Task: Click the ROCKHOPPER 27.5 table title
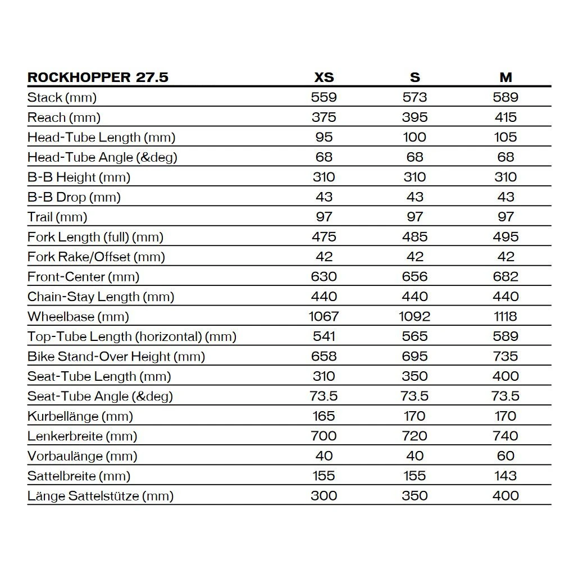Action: (x=98, y=78)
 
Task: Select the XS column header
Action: (x=324, y=78)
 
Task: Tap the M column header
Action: (x=505, y=78)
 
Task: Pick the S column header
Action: (x=415, y=78)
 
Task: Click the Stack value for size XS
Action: (x=324, y=97)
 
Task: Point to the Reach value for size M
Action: (x=505, y=117)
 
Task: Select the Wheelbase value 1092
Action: (x=415, y=316)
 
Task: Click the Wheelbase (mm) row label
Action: (x=78, y=316)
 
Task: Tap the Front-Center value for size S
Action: (x=415, y=276)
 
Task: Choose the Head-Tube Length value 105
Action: (x=505, y=137)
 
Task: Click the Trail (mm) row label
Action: (x=57, y=217)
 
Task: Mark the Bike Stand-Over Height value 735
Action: (x=505, y=356)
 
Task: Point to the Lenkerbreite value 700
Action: (x=324, y=436)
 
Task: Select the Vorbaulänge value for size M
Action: (x=505, y=456)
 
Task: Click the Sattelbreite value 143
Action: (x=505, y=476)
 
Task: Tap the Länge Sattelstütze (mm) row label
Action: (x=101, y=496)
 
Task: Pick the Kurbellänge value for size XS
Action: (x=324, y=416)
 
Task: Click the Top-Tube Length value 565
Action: (x=415, y=336)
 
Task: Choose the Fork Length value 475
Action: (x=324, y=236)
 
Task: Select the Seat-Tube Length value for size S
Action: (x=415, y=376)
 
